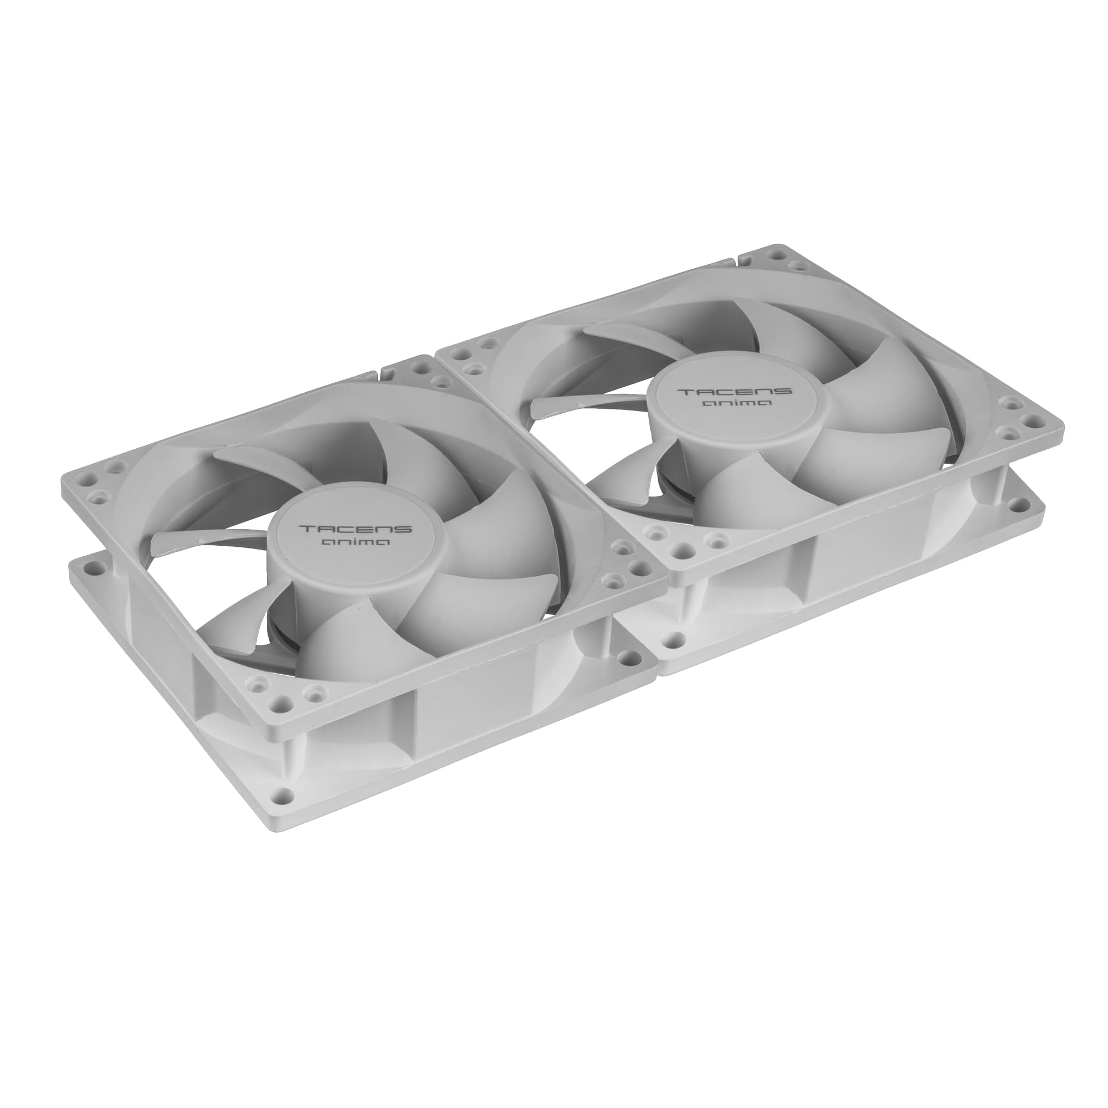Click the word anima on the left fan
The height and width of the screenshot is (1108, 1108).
tap(356, 542)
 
